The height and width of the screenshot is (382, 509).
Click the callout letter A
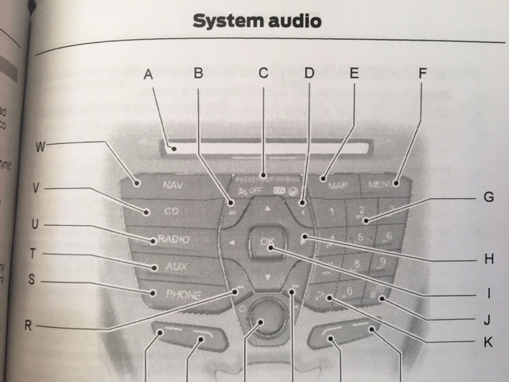pyautogui.click(x=148, y=75)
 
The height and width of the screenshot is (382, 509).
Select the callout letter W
pyautogui.click(x=41, y=146)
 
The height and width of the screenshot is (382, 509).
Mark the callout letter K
pyautogui.click(x=488, y=342)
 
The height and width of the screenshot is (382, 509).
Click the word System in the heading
pyautogui.click(x=228, y=21)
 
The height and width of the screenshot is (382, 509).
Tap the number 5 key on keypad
pyautogui.click(x=363, y=237)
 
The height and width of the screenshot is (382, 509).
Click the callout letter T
pyautogui.click(x=32, y=253)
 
